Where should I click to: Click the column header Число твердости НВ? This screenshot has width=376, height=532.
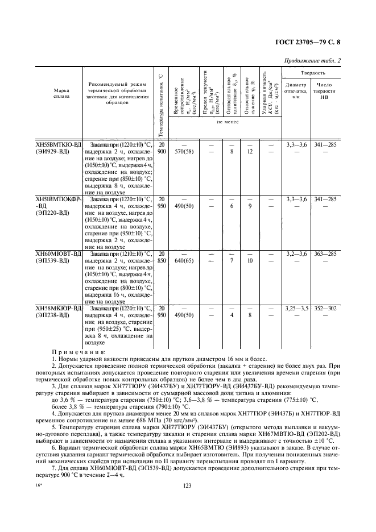click(x=327, y=94)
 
